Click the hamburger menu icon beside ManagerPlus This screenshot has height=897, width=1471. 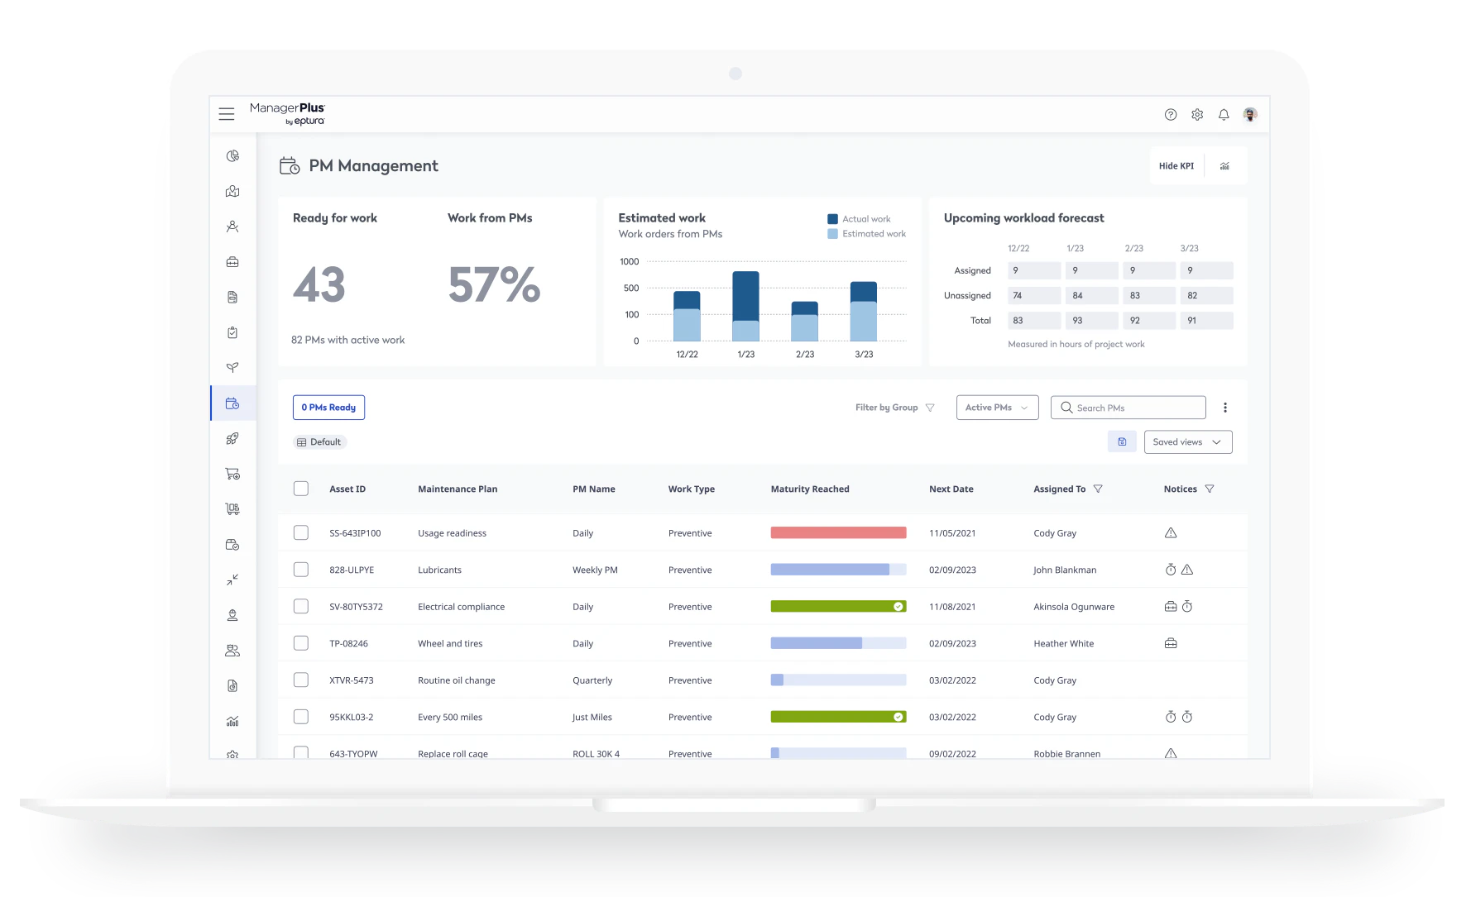click(x=226, y=114)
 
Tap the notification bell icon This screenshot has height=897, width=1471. click(x=1224, y=115)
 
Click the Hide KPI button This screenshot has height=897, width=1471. click(x=1176, y=166)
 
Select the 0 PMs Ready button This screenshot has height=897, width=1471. click(x=328, y=408)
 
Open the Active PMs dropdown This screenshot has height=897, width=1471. click(x=997, y=408)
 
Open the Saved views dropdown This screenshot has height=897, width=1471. click(x=1187, y=442)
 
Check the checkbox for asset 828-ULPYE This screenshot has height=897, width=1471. click(x=301, y=570)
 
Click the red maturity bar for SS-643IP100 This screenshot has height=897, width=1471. click(x=838, y=533)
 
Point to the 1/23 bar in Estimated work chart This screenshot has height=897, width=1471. click(x=745, y=306)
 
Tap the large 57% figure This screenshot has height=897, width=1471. click(x=494, y=285)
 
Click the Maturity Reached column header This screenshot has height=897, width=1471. click(x=810, y=489)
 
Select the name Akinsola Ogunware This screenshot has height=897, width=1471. click(x=1073, y=607)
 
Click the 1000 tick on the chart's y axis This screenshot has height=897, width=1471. click(x=630, y=262)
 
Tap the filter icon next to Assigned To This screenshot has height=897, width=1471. click(x=1098, y=489)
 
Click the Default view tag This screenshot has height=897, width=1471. click(x=319, y=442)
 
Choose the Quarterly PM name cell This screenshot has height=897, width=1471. click(x=592, y=680)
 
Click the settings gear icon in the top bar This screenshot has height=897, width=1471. click(x=1197, y=115)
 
